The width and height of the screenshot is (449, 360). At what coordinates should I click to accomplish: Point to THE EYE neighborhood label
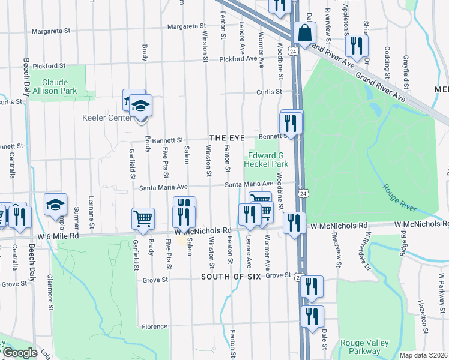click(227, 138)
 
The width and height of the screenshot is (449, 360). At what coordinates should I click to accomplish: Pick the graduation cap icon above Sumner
click(55, 205)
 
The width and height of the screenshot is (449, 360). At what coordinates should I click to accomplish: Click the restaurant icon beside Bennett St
click(292, 123)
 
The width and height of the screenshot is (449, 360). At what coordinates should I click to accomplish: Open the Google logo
click(19, 353)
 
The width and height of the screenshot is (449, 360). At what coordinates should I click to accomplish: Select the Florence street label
click(154, 326)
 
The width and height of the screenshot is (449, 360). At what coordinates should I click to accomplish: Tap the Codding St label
click(387, 57)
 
